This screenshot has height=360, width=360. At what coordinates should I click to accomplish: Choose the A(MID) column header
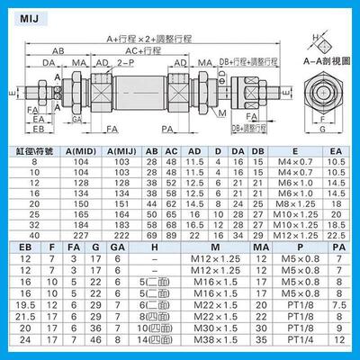pos(76,150)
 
